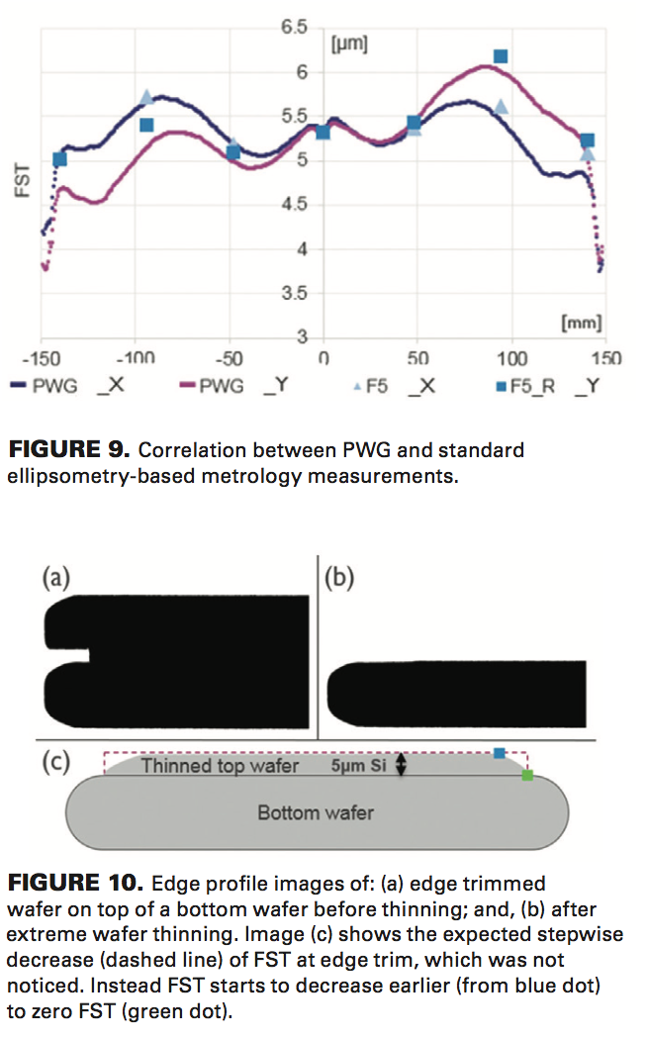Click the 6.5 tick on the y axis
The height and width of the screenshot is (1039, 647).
pyautogui.click(x=295, y=27)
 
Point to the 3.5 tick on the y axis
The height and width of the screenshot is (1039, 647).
pyautogui.click(x=295, y=294)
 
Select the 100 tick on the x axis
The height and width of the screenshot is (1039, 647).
pyautogui.click(x=511, y=357)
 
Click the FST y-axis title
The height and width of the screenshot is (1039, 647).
pyautogui.click(x=23, y=181)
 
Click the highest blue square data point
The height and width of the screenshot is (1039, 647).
pyautogui.click(x=501, y=56)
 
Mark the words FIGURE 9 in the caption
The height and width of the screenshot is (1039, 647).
pyautogui.click(x=68, y=451)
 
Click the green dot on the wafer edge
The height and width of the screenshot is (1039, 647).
pyautogui.click(x=527, y=776)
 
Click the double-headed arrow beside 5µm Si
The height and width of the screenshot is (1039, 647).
pyautogui.click(x=401, y=765)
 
